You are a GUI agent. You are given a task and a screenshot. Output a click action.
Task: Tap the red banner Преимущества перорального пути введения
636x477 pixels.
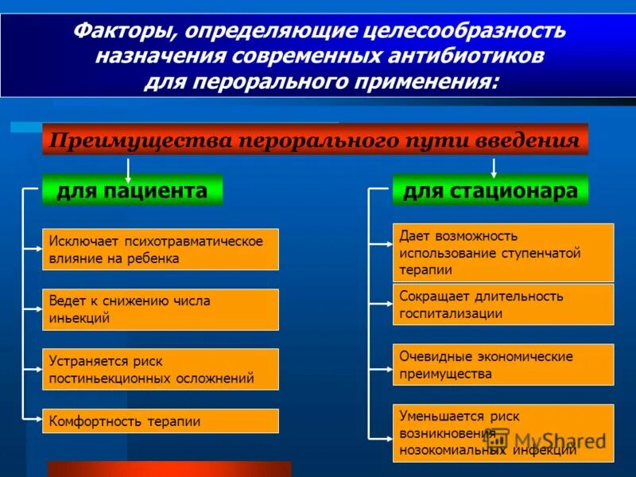pyautogui.click(x=315, y=141)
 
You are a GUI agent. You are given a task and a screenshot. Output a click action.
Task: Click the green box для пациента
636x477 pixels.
pyautogui.click(x=132, y=191)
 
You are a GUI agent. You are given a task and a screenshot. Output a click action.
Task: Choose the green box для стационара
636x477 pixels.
pyautogui.click(x=490, y=191)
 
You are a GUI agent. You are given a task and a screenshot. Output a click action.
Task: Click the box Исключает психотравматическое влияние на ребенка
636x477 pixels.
pyautogui.click(x=160, y=250)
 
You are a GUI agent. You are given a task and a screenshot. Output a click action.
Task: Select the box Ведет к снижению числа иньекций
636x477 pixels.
pyautogui.click(x=160, y=309)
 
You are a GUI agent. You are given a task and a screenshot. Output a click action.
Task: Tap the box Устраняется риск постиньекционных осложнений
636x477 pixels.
pyautogui.click(x=160, y=369)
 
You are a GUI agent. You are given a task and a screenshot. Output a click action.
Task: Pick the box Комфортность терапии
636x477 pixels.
pyautogui.click(x=160, y=421)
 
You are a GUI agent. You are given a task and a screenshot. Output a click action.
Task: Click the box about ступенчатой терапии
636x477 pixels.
pyautogui.click(x=502, y=253)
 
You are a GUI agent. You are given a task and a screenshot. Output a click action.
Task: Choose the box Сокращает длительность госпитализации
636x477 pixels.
pyautogui.click(x=502, y=304)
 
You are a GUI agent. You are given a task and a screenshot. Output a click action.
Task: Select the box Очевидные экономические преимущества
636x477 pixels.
pyautogui.click(x=502, y=364)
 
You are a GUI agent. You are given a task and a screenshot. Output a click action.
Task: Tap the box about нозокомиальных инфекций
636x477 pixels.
pyautogui.click(x=502, y=432)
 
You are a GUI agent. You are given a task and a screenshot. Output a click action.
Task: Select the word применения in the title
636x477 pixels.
pyautogui.click(x=429, y=82)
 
